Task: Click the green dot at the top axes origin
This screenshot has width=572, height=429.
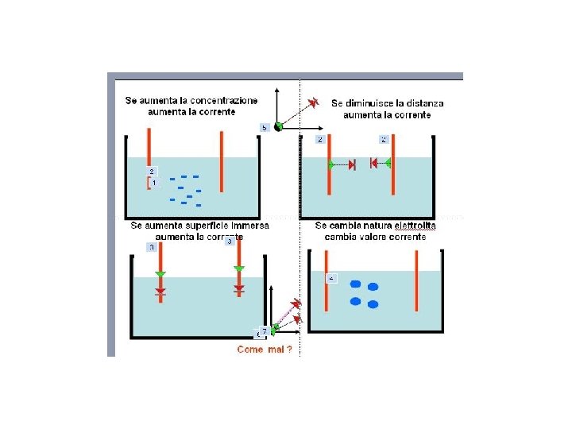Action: [x=278, y=126]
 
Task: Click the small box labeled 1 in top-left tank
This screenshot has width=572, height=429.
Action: [x=154, y=183]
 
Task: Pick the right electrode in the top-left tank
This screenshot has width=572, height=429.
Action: [x=222, y=163]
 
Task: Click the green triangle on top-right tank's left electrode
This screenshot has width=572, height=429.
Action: [x=332, y=164]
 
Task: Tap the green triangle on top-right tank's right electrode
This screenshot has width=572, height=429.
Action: [x=387, y=164]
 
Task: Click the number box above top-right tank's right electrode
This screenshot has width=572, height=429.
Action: [x=384, y=139]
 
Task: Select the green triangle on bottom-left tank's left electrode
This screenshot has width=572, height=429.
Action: [x=160, y=274]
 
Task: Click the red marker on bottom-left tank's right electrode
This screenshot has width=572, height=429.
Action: [x=238, y=290]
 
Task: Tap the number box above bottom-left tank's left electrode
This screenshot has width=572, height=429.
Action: [x=152, y=247]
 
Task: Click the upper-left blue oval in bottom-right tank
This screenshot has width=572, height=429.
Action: [x=356, y=284]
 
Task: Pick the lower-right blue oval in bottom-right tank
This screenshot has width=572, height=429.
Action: [x=373, y=304]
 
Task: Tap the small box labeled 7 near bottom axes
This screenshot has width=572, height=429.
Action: [x=264, y=331]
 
